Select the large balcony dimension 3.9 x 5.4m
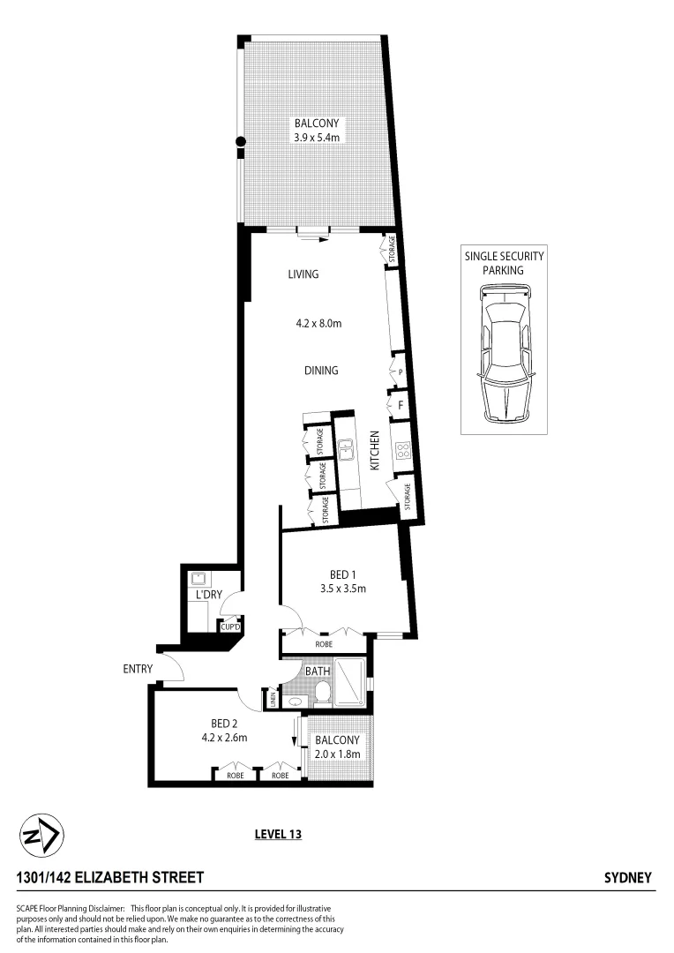pyautogui.click(x=317, y=138)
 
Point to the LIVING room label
pyautogui.click(x=303, y=274)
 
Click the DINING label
pyautogui.click(x=321, y=371)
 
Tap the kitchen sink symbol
pyautogui.click(x=348, y=451)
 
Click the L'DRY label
pyautogui.click(x=207, y=596)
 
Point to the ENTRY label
pyautogui.click(x=139, y=670)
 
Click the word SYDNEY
pyautogui.click(x=627, y=878)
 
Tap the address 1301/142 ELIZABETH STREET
pyautogui.click(x=110, y=878)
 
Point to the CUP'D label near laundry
pyautogui.click(x=230, y=627)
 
